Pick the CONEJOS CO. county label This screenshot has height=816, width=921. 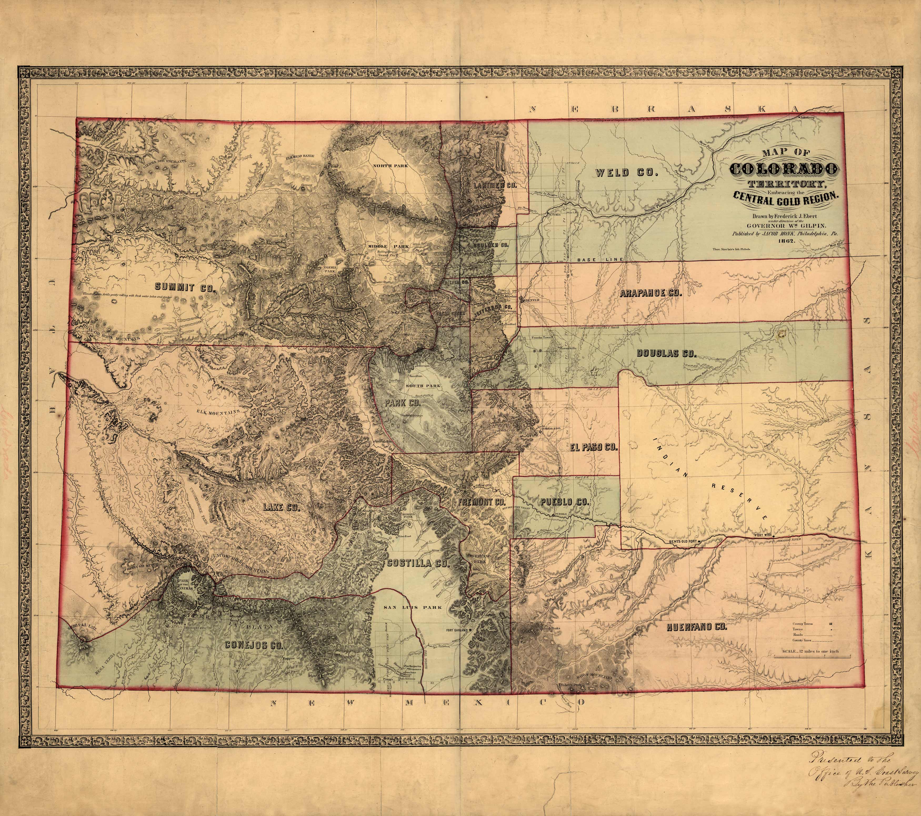[254, 645]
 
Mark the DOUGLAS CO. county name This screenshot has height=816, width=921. [666, 354]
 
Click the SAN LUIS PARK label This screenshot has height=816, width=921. [413, 607]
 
